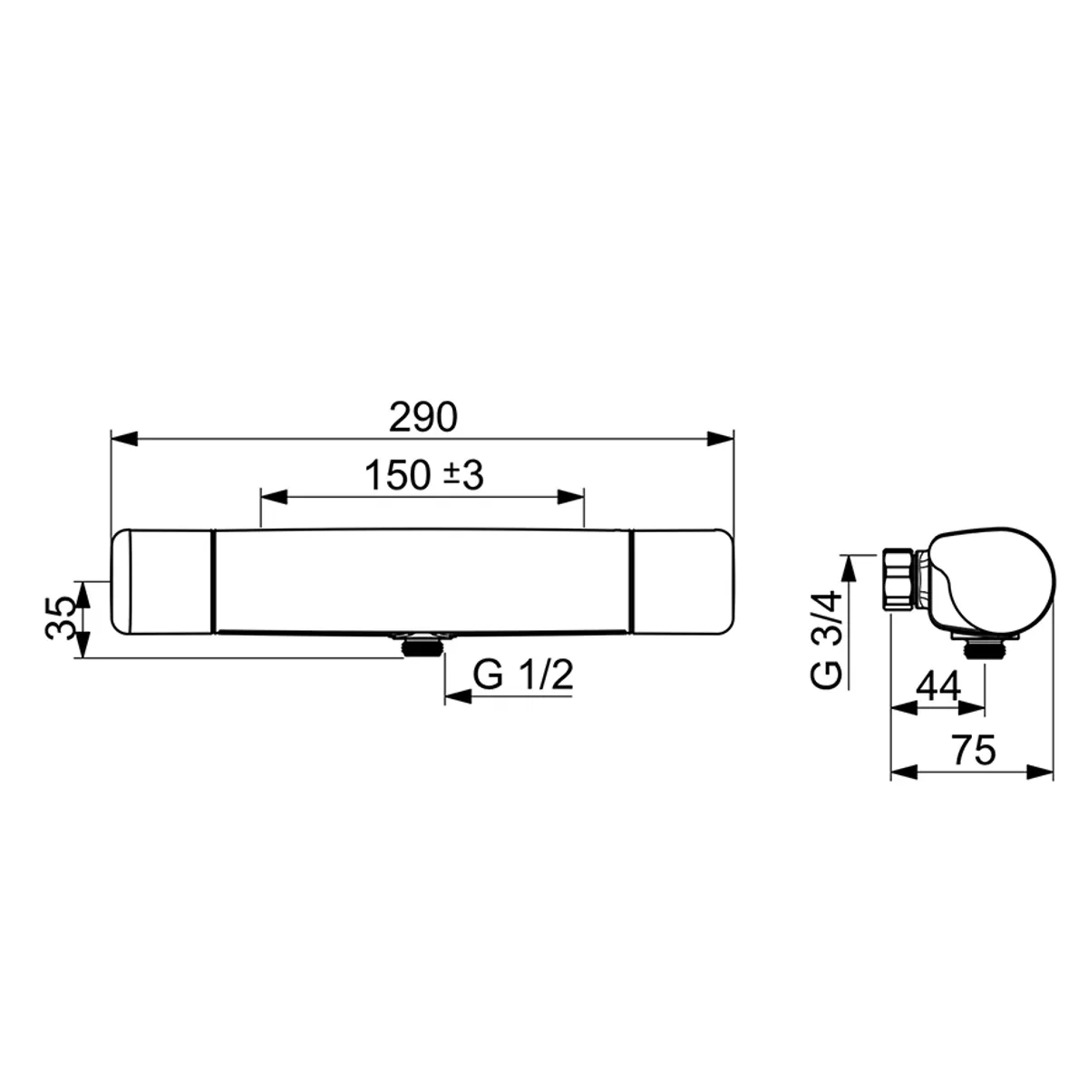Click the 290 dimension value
(424, 419)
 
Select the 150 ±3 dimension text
(424, 475)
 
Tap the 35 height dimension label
(61, 618)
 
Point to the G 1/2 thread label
(523, 676)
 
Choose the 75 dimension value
(974, 750)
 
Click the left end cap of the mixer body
(161, 582)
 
